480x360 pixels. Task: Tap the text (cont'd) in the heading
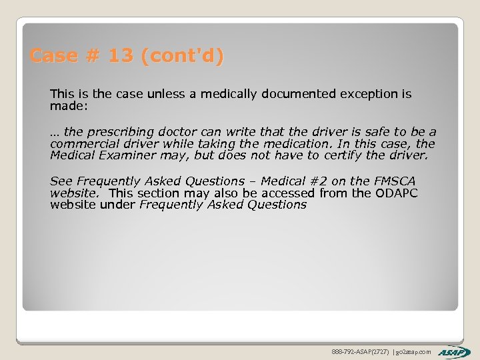(x=182, y=56)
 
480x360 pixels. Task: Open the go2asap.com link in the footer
(x=415, y=351)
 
